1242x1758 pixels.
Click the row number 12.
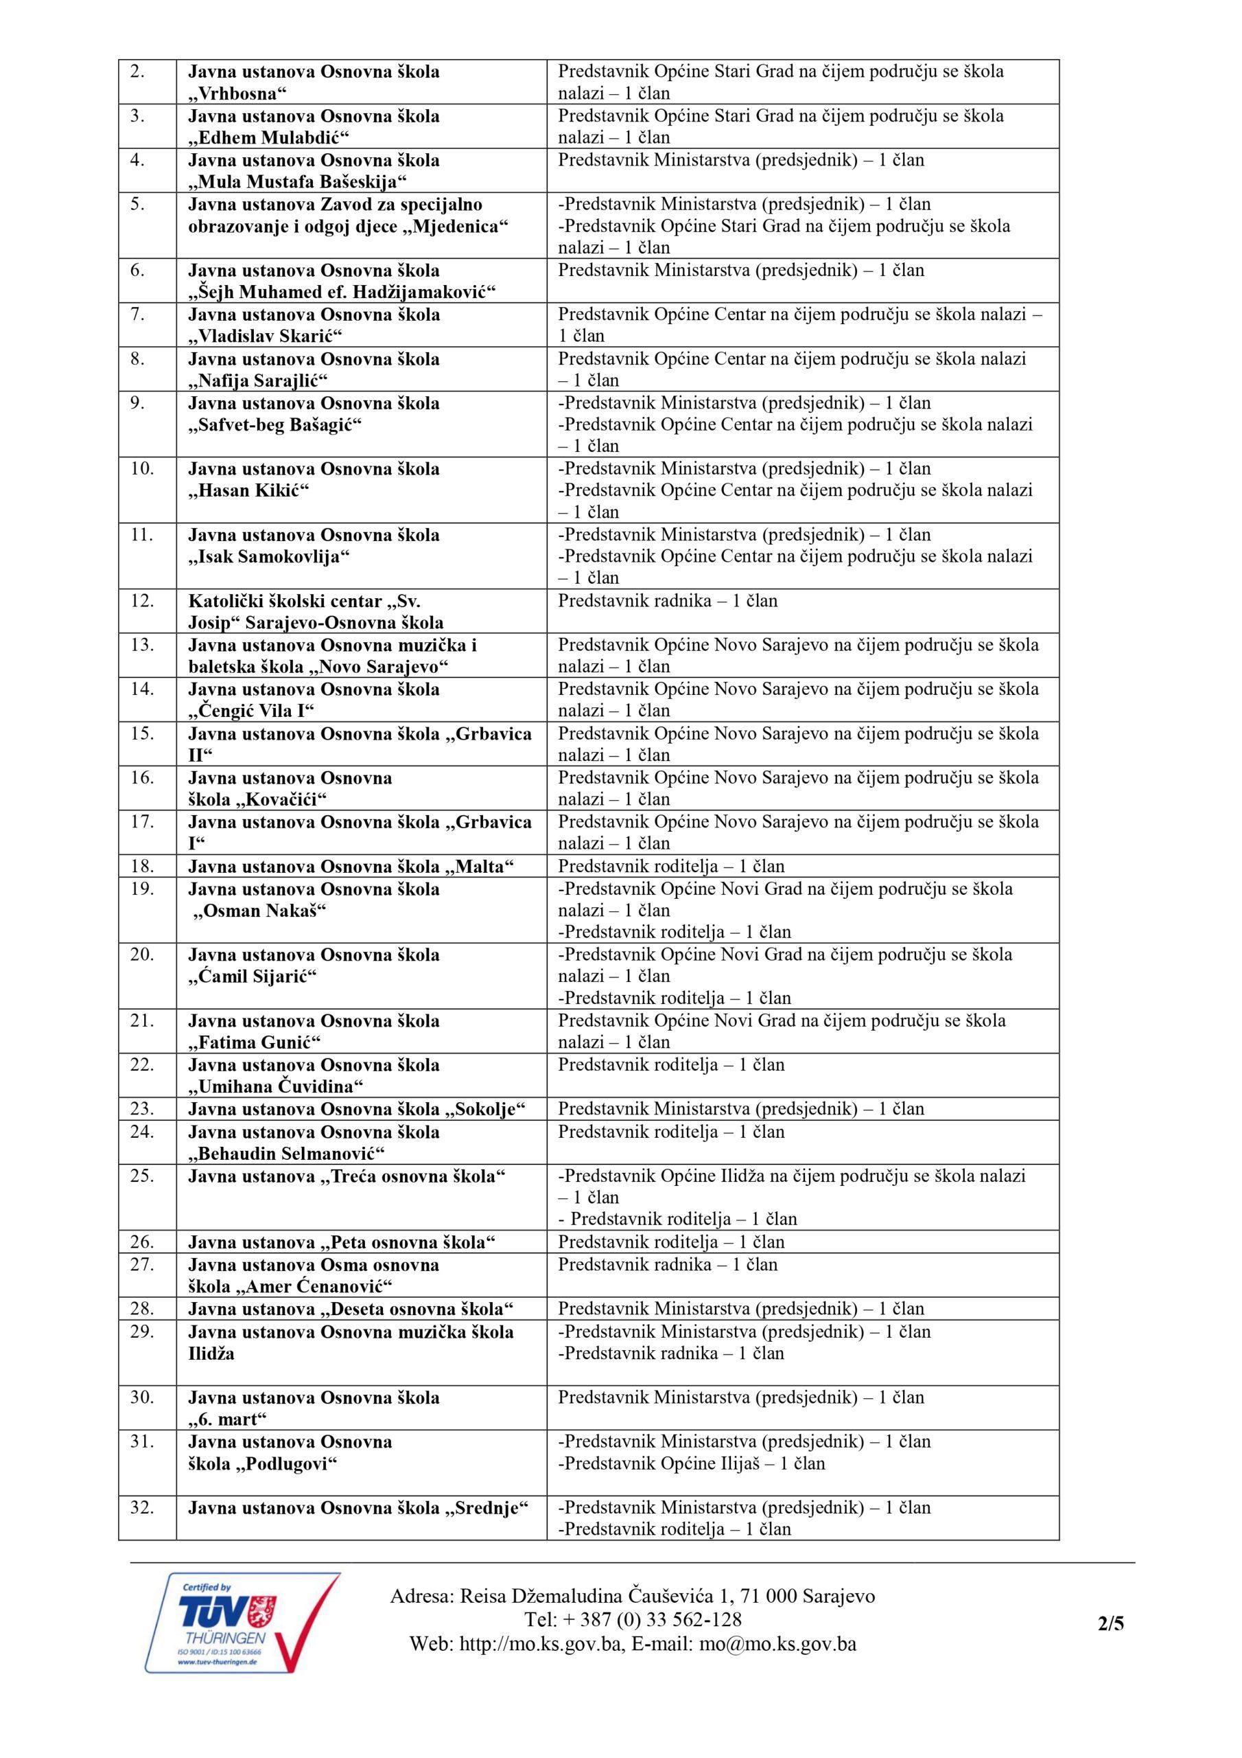pos(142,600)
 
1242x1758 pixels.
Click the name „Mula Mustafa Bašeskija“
pos(298,182)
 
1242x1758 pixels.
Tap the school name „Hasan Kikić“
pos(248,490)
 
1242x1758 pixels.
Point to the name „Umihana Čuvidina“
pos(275,1086)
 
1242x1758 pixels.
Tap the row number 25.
pos(142,1175)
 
